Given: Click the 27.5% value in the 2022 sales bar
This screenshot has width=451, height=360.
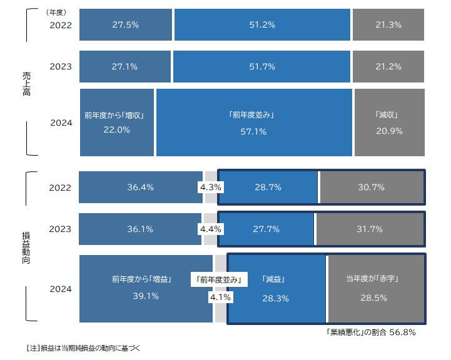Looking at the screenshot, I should pyautogui.click(x=126, y=25).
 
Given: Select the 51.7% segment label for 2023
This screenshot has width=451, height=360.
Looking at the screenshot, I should pyautogui.click(x=261, y=67).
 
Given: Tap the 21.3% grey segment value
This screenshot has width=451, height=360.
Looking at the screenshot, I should pyautogui.click(x=388, y=25).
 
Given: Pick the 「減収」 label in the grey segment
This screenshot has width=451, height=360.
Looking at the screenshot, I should pyautogui.click(x=388, y=116).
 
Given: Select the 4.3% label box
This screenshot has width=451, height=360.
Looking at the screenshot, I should pyautogui.click(x=211, y=187).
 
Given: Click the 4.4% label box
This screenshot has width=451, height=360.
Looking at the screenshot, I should pyautogui.click(x=210, y=229).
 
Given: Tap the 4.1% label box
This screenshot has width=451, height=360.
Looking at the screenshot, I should pyautogui.click(x=220, y=298).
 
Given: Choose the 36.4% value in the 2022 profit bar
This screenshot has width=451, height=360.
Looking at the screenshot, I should pyautogui.click(x=141, y=187).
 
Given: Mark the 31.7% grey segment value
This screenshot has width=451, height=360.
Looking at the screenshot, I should pyautogui.click(x=370, y=229).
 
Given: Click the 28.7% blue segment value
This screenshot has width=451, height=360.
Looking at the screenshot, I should pyautogui.click(x=268, y=187).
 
